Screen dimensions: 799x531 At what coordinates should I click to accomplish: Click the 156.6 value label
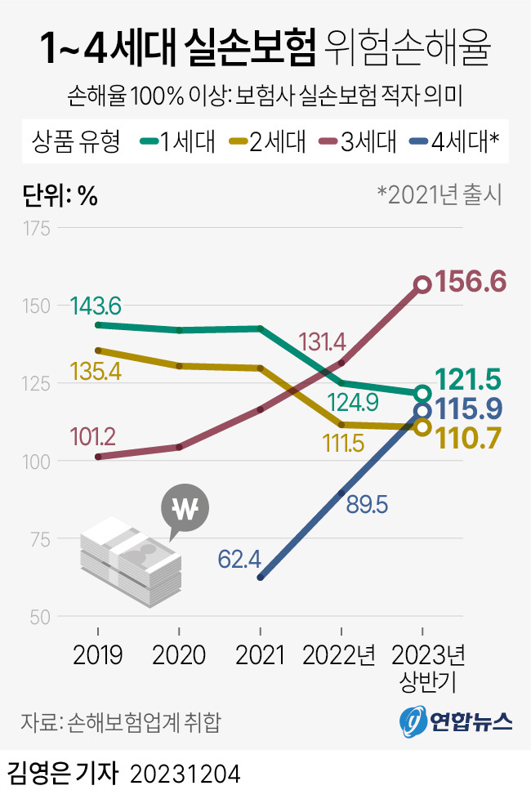471,282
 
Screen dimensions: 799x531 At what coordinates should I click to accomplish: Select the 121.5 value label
469,380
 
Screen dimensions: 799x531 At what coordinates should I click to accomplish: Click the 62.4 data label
239,560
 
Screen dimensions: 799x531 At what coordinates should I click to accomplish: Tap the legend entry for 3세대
357,142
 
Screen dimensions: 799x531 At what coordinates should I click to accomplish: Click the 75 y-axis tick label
40,539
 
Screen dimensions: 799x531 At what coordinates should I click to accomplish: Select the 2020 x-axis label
178,655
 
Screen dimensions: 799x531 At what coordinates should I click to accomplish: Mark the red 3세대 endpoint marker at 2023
422,284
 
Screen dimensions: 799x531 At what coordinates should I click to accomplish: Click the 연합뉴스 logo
457,720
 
